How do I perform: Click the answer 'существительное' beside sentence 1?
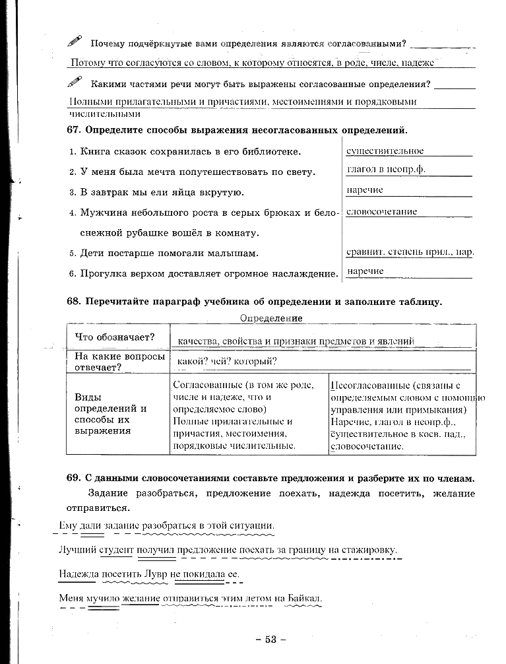[385, 151]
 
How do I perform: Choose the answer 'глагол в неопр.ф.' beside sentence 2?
[386, 169]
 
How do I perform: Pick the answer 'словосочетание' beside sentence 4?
[381, 212]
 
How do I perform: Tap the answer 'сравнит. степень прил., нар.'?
[410, 251]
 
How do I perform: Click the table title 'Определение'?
[271, 318]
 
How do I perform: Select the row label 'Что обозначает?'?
[115, 337]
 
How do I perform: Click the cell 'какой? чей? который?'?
[226, 361]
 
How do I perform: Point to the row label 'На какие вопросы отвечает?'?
[119, 362]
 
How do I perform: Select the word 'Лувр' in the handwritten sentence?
[154, 574]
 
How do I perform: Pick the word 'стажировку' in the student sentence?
[372, 550]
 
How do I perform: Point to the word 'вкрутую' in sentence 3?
[222, 192]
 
